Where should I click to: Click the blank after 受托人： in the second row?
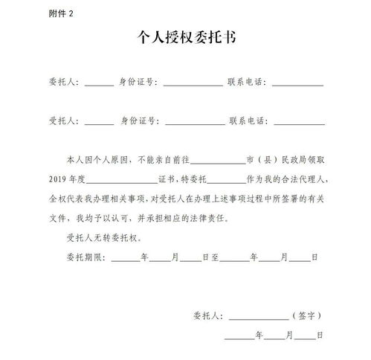(100, 121)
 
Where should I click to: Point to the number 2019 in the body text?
(57, 181)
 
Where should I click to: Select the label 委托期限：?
(86, 259)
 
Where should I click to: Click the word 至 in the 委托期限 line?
(215, 259)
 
